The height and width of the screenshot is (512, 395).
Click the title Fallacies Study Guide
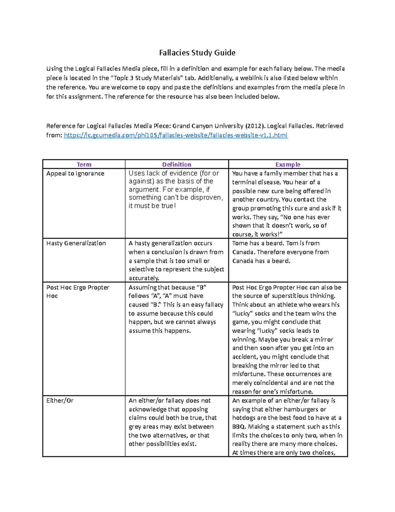tap(197, 53)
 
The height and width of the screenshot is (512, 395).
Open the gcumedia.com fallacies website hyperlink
tap(175, 135)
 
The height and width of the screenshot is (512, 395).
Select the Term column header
tap(84, 165)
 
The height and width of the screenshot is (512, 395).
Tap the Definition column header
tap(176, 165)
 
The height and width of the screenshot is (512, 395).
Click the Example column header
tap(288, 165)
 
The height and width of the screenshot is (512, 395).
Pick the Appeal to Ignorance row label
tap(75, 173)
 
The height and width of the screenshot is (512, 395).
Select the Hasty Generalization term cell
tap(76, 243)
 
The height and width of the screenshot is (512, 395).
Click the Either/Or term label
tap(60, 401)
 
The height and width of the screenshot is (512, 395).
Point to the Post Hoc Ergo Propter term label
tap(78, 287)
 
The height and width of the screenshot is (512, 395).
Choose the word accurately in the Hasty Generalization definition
tap(144, 278)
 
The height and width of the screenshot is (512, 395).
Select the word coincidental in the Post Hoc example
tap(269, 383)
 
